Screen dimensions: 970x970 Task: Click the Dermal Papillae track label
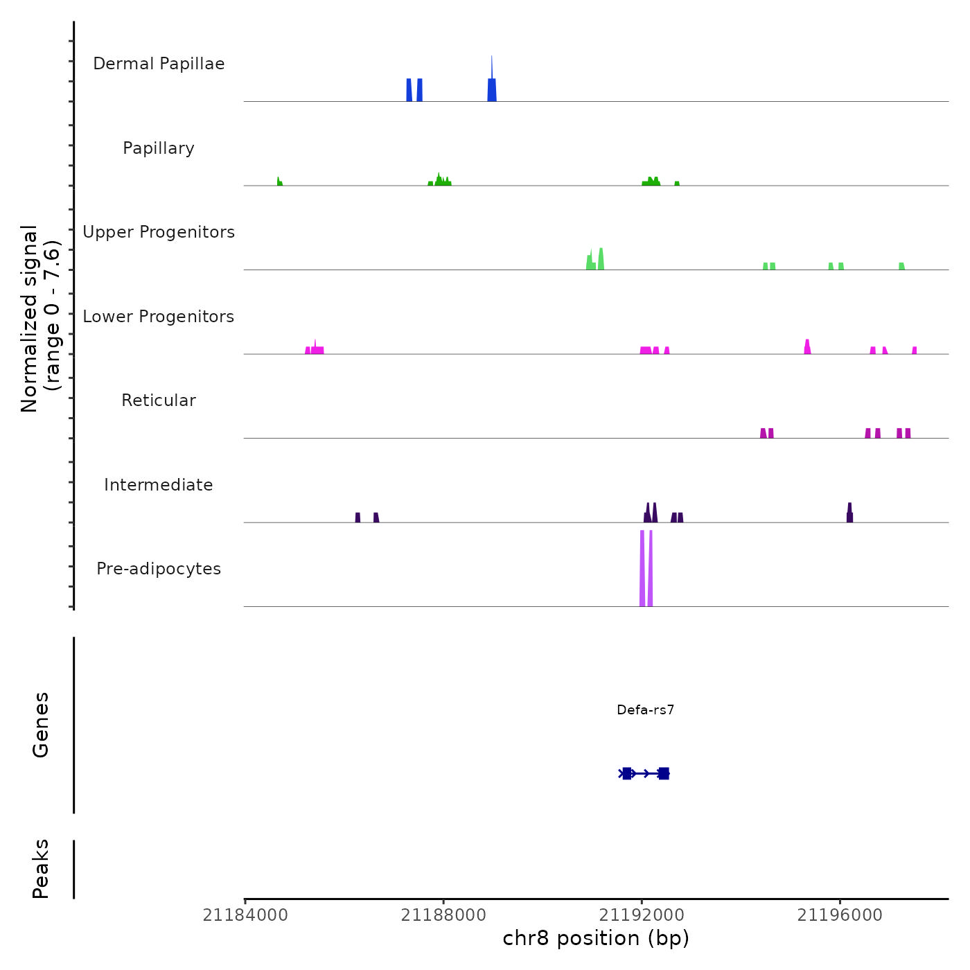point(159,64)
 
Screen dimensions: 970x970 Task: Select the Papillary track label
point(159,148)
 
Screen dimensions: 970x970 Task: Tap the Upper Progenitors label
point(159,232)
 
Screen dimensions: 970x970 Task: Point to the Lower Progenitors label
point(159,317)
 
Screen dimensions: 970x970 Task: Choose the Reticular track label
point(159,400)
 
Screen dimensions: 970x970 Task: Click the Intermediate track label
point(159,485)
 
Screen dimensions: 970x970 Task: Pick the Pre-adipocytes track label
point(159,569)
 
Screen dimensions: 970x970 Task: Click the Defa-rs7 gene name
point(645,709)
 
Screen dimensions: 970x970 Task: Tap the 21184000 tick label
point(245,915)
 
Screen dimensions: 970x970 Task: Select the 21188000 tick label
point(443,915)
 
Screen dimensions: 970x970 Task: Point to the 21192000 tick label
point(642,915)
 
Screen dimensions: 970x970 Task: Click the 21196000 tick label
point(840,915)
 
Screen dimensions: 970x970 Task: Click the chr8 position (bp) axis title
point(596,938)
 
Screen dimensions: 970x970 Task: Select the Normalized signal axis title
point(40,319)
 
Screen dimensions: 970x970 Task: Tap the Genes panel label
point(41,725)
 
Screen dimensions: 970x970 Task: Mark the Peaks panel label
point(41,869)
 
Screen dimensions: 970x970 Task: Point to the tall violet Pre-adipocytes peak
point(642,568)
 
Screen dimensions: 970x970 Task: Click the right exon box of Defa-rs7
point(664,773)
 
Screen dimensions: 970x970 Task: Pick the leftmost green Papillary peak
point(279,182)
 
